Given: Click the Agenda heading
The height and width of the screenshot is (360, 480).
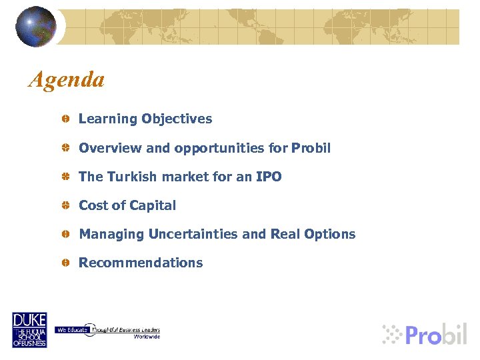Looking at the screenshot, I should pos(67,80).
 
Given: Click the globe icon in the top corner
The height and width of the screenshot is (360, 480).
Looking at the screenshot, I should pos(36,26).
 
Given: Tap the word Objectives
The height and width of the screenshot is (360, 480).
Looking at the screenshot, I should pos(177,119).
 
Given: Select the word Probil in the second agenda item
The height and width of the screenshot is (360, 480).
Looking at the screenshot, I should pos(311,148).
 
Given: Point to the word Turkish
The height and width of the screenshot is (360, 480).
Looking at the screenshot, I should pos(128,177).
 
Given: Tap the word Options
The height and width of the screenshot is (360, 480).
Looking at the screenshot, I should pos(331,234).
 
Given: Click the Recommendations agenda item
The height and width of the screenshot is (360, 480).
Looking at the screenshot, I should pos(141,263).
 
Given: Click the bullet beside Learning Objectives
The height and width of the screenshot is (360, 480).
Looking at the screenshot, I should pos(67,119).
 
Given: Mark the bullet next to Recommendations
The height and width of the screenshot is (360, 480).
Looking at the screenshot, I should pos(67,263).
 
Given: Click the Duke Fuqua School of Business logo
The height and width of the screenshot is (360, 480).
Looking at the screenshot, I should pos(29,329).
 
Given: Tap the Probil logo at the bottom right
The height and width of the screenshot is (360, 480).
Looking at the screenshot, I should pos(425,333).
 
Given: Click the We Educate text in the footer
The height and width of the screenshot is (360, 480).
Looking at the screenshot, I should pos(69,330).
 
